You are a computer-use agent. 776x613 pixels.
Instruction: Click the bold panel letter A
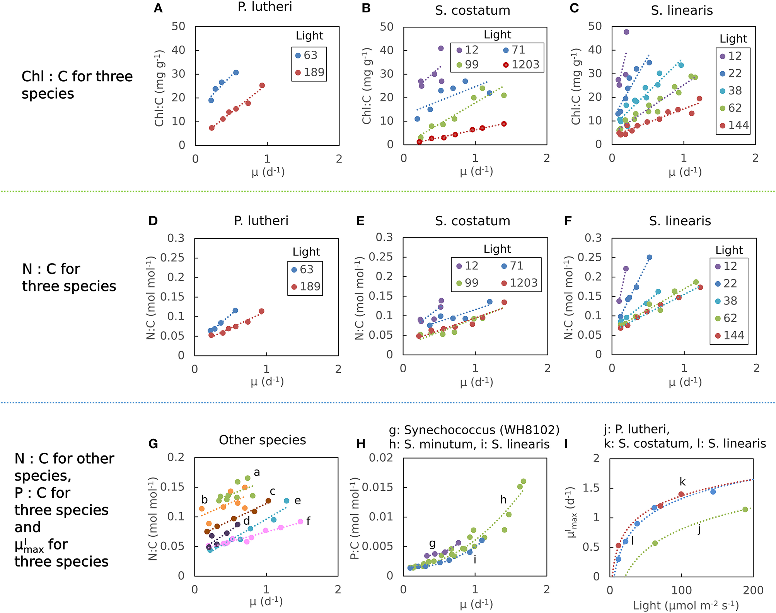158,9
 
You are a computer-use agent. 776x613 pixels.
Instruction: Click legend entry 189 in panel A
309,72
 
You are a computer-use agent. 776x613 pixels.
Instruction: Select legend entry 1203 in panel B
521,65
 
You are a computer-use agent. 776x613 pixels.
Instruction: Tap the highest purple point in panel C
626,32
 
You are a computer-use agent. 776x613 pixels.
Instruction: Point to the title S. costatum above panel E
472,221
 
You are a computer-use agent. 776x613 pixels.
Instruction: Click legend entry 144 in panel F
729,336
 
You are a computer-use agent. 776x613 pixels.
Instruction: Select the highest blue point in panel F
650,257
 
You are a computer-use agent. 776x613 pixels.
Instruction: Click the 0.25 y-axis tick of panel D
172,258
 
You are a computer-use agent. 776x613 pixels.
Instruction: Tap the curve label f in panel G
308,521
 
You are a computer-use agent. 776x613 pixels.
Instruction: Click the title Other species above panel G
262,440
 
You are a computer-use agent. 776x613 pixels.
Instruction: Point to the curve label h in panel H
503,500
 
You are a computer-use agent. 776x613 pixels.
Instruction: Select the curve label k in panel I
682,482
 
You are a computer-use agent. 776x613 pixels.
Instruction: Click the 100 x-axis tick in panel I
681,591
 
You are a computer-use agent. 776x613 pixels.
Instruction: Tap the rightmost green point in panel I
745,509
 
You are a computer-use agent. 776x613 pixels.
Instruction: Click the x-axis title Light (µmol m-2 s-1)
686,606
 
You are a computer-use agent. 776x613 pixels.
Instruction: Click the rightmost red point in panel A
262,86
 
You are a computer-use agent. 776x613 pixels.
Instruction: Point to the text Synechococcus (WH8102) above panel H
482,430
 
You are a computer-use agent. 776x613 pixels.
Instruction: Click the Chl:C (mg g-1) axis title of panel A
160,88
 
